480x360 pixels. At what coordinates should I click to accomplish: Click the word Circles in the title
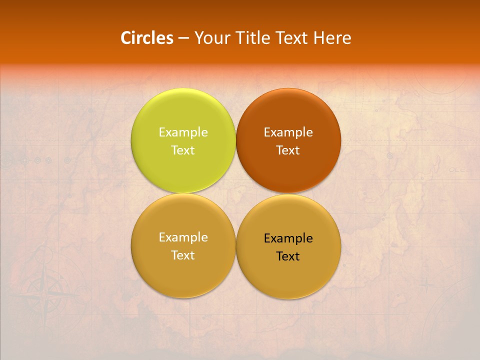(x=147, y=38)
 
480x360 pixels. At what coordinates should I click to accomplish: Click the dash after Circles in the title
(x=183, y=38)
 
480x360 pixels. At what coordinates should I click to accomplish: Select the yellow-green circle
(x=183, y=140)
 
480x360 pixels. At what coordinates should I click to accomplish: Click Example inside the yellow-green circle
(x=183, y=132)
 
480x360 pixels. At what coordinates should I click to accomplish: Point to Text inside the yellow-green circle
(x=183, y=150)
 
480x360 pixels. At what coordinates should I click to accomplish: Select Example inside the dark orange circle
(x=288, y=132)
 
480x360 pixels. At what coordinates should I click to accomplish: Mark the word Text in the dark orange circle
(x=288, y=150)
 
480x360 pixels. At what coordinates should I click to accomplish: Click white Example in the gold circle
(x=183, y=237)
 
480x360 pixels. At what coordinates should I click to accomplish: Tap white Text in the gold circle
(x=183, y=255)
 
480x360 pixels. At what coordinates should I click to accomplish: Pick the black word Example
(x=288, y=238)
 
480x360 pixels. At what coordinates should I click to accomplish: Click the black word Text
(x=288, y=256)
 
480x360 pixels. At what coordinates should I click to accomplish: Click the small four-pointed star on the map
(x=426, y=286)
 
